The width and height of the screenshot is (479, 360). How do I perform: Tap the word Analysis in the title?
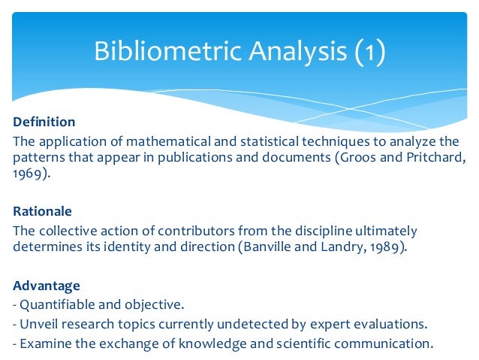(288, 53)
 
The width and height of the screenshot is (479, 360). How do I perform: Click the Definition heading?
(44, 121)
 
